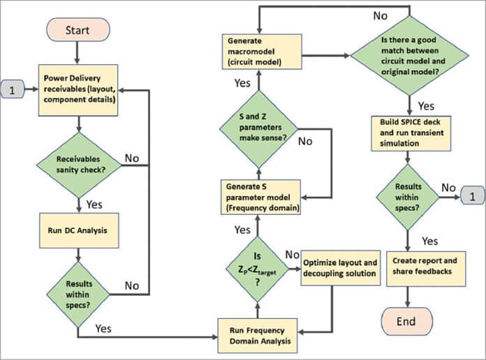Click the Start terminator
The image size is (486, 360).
[x=78, y=31]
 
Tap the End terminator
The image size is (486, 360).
[x=406, y=321]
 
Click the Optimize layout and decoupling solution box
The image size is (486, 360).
[x=340, y=268]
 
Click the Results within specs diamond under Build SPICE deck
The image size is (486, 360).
[x=406, y=197]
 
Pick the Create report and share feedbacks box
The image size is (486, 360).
[x=406, y=267]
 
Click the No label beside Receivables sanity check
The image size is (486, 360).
[x=131, y=158]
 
